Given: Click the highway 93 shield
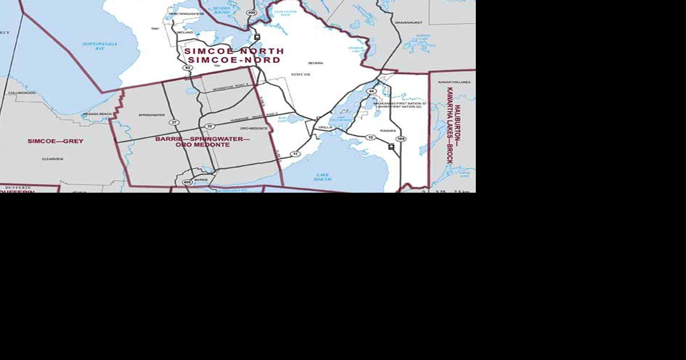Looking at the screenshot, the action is (x=188, y=68).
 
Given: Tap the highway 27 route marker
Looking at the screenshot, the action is (x=174, y=122).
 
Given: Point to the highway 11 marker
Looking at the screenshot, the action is (x=295, y=154).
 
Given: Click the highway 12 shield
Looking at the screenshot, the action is (x=370, y=137).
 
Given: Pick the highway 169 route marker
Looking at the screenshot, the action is (x=401, y=139).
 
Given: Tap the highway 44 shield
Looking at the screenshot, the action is (x=371, y=91).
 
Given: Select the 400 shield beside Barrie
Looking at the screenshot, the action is (x=187, y=182).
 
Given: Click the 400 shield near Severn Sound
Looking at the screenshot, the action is (x=251, y=13).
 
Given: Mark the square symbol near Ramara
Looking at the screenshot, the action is (x=391, y=147).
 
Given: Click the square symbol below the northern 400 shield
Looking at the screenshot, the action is (x=257, y=37).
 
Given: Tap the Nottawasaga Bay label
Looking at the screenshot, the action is (x=100, y=46).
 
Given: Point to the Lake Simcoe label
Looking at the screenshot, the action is (x=322, y=177).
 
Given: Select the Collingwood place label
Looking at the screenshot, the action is (x=22, y=93).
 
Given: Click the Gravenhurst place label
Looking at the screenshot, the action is (x=408, y=23).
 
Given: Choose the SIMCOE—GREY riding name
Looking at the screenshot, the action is (x=56, y=141).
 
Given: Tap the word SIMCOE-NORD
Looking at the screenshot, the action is (x=234, y=60).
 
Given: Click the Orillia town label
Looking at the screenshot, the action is (x=325, y=127).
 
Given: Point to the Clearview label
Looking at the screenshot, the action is (x=52, y=159).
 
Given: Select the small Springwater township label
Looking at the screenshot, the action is (x=151, y=115).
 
